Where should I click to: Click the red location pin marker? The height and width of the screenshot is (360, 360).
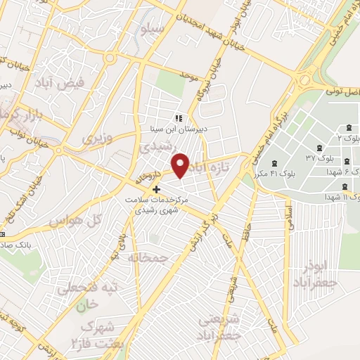(181, 165)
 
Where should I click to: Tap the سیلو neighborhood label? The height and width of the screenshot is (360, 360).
(153, 30)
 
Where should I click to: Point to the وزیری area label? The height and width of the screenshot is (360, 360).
(97, 138)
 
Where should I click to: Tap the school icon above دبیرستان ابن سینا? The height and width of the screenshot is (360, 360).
(179, 118)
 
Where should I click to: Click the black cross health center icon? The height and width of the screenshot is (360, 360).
(156, 189)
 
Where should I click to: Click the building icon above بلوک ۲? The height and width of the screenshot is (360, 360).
(349, 127)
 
